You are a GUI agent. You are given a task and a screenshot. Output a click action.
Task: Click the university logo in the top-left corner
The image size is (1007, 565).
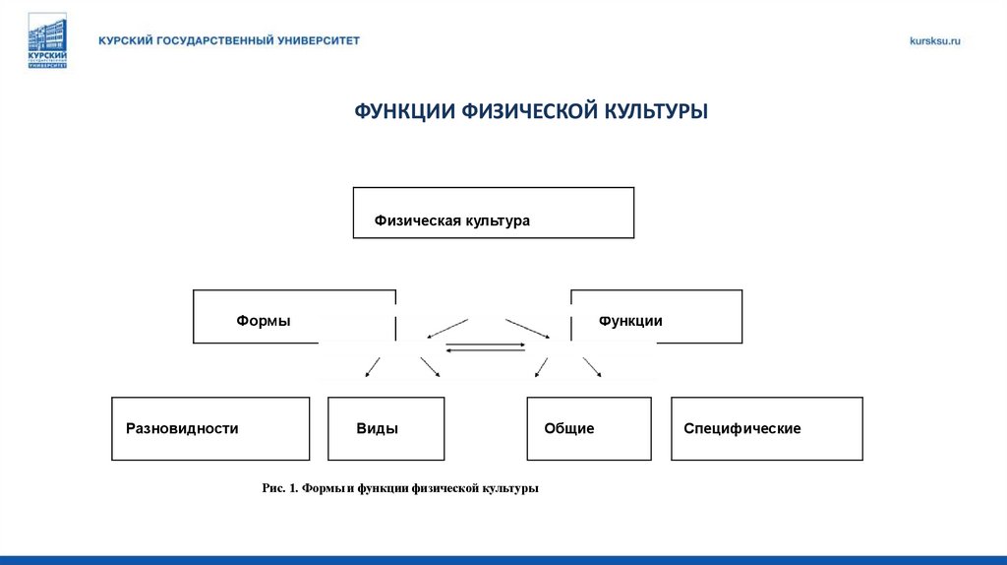tap(47, 40)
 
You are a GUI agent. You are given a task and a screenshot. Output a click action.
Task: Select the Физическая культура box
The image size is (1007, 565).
tap(493, 213)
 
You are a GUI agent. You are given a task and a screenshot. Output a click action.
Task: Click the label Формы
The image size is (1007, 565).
tap(263, 320)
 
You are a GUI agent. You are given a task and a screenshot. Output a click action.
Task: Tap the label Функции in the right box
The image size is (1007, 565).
tap(630, 320)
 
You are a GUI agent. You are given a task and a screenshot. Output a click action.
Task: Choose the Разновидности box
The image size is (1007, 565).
tap(210, 428)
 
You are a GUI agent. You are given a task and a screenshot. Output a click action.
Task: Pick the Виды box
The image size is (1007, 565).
tap(385, 428)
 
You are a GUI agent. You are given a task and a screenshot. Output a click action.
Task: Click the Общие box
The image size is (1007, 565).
tap(588, 428)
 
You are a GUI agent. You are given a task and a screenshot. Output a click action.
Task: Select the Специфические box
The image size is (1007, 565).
tap(766, 428)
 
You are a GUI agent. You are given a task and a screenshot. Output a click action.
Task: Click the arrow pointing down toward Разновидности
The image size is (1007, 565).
tap(373, 366)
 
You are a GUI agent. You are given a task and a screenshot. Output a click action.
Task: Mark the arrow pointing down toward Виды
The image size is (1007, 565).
tap(430, 366)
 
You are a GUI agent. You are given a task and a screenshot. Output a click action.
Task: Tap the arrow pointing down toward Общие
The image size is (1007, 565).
tap(540, 366)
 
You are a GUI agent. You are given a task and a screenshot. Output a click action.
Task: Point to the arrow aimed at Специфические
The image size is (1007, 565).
tap(592, 366)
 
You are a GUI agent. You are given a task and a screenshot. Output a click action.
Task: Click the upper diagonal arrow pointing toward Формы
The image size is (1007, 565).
tap(447, 328)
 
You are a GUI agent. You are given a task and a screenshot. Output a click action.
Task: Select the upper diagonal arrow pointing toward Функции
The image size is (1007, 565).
tap(527, 328)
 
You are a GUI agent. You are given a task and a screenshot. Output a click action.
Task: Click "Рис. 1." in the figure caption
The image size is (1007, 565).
tap(279, 488)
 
